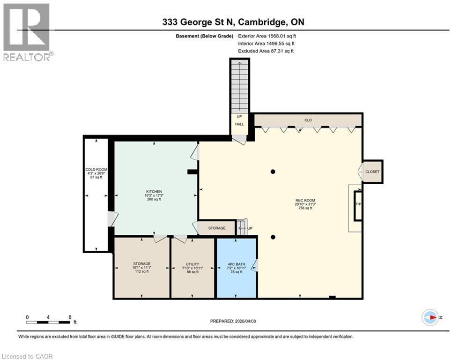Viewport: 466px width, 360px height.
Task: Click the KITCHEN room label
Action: pos(154,192)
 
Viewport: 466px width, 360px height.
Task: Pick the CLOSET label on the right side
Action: pos(372,172)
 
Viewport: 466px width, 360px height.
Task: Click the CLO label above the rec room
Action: pos(308,120)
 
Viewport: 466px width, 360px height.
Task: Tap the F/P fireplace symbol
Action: pos(358,205)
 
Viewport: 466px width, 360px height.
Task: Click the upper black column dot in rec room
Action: pos(273,172)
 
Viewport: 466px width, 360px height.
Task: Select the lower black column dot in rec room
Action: pos(273,237)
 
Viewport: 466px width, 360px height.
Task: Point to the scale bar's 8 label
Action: pos(70,317)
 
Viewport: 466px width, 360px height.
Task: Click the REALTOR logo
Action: pos(27,31)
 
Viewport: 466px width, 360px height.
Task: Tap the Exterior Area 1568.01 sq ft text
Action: pos(267,36)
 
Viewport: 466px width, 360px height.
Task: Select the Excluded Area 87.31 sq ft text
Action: pos(266,51)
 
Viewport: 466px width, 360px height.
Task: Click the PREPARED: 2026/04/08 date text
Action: pos(233,321)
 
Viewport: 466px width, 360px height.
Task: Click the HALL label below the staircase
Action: pos(240,124)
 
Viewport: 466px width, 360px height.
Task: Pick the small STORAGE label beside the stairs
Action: pos(217,228)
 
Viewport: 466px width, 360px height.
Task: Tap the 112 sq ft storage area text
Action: pos(141,271)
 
